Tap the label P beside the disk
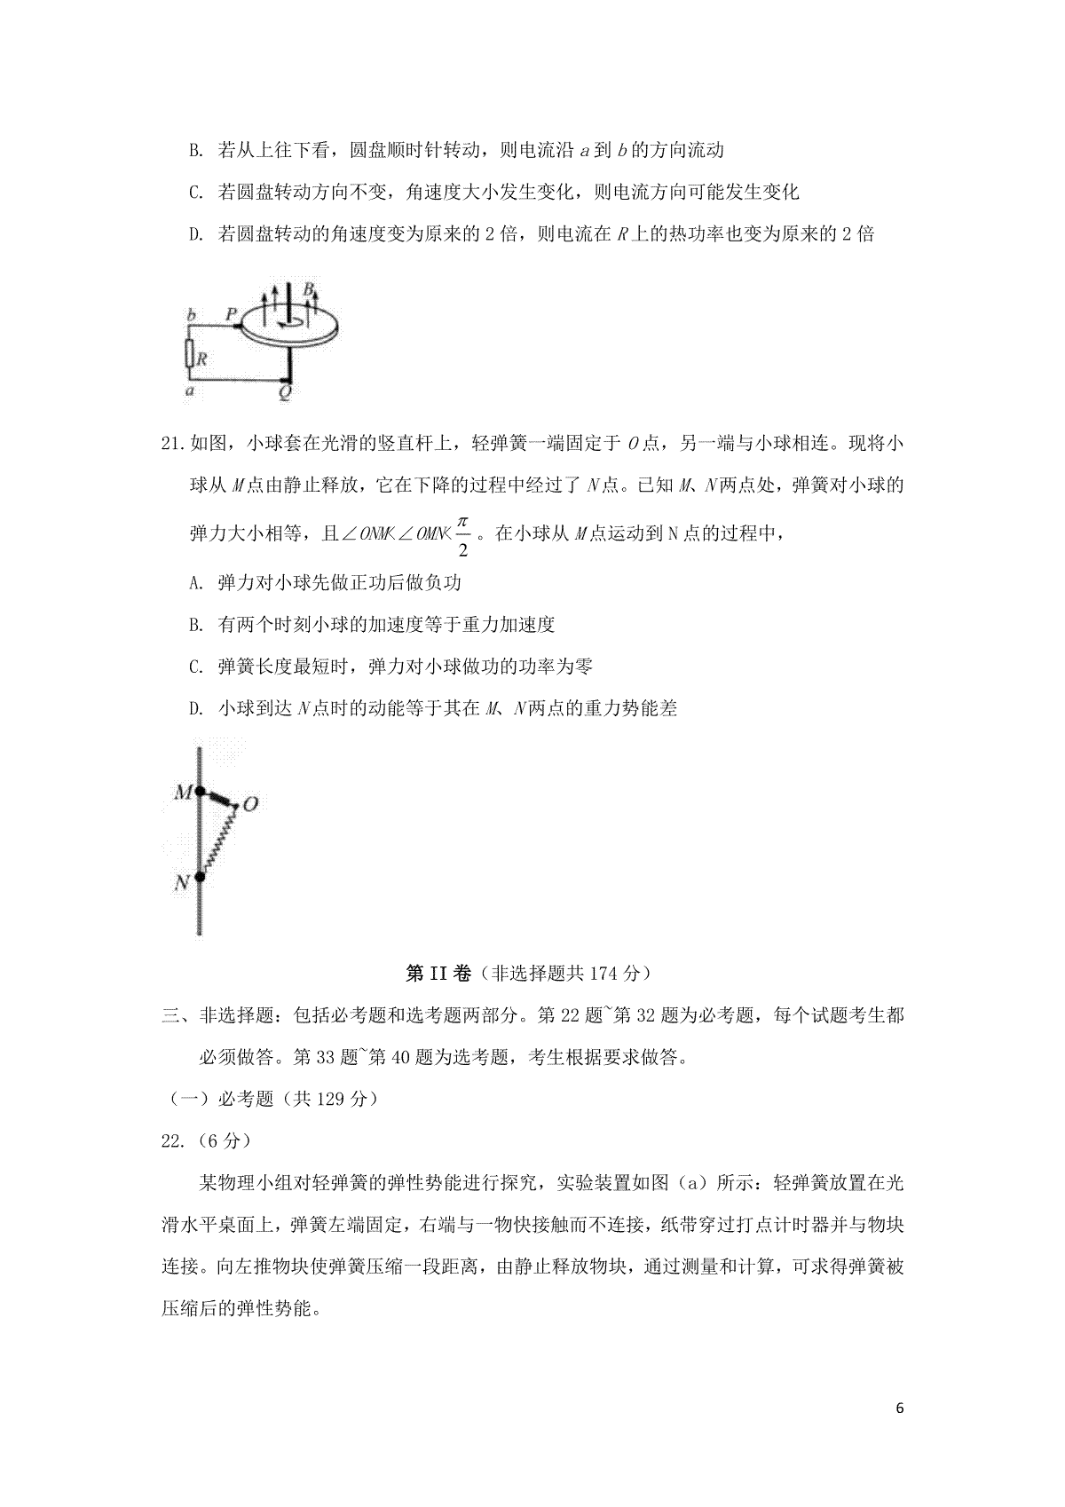click(x=231, y=313)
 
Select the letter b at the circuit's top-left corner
click(x=191, y=315)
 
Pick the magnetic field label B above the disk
click(x=308, y=289)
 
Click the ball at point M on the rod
click(x=201, y=791)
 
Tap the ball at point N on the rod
click(x=201, y=878)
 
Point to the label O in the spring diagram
click(x=250, y=804)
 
